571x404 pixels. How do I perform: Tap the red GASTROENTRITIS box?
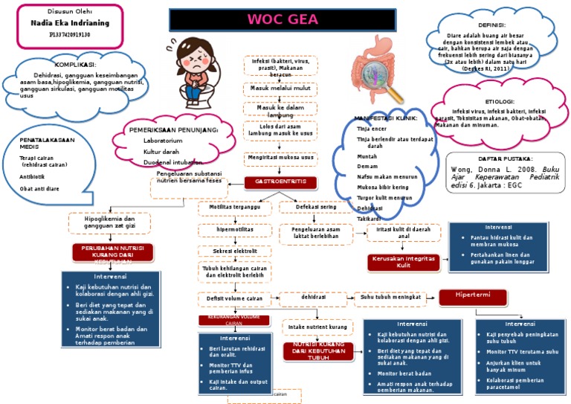pyautogui.click(x=280, y=182)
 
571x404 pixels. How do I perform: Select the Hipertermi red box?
pyautogui.click(x=474, y=297)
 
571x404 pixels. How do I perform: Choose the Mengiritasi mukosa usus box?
pyautogui.click(x=280, y=158)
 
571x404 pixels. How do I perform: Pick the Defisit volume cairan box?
pyautogui.click(x=235, y=299)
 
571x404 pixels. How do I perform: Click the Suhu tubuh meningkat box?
pyautogui.click(x=391, y=298)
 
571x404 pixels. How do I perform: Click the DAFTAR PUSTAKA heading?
pyautogui.click(x=503, y=159)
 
